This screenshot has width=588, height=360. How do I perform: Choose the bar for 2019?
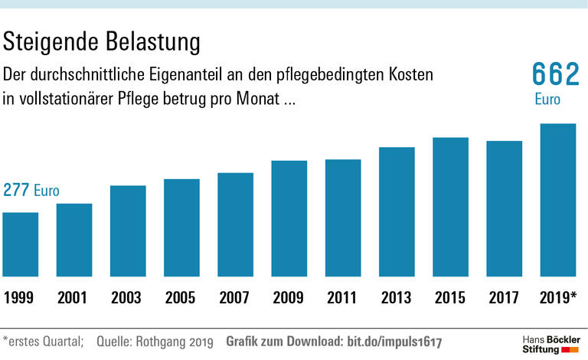557,201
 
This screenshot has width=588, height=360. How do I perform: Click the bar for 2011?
342,219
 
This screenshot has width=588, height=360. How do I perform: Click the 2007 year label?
234,297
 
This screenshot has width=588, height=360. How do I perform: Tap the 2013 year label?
396,297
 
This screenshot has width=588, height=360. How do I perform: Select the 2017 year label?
503,297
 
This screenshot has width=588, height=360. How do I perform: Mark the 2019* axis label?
559,297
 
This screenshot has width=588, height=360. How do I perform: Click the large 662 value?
556,76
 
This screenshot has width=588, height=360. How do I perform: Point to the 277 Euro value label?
31,191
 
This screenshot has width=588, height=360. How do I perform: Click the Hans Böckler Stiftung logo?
550,343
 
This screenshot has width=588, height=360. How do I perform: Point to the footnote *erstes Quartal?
42,340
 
